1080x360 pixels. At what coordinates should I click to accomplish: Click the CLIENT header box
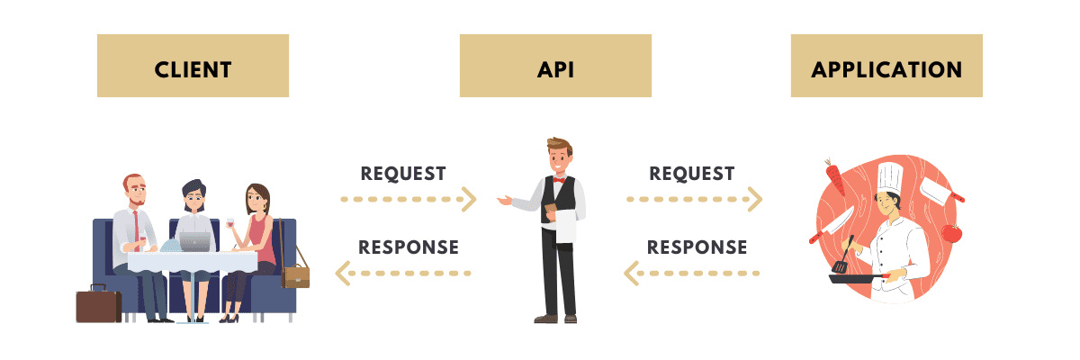pos(193,66)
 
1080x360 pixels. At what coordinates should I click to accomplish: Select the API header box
pos(555,66)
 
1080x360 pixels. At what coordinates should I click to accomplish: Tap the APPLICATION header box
pos(886,66)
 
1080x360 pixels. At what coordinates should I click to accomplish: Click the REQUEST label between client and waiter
pos(403,173)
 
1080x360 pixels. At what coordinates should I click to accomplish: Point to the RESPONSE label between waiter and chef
pos(697,246)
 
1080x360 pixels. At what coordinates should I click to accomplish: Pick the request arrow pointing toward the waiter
pos(408,199)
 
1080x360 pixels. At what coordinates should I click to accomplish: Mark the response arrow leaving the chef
pos(693,272)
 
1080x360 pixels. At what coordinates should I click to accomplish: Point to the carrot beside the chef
pos(835,178)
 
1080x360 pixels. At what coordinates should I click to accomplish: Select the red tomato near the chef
pos(951,233)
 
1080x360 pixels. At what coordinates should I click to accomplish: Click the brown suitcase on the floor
pos(98,304)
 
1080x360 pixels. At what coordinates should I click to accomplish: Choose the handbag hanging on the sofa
pos(294,274)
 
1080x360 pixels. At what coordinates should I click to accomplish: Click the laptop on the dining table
pos(195,241)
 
